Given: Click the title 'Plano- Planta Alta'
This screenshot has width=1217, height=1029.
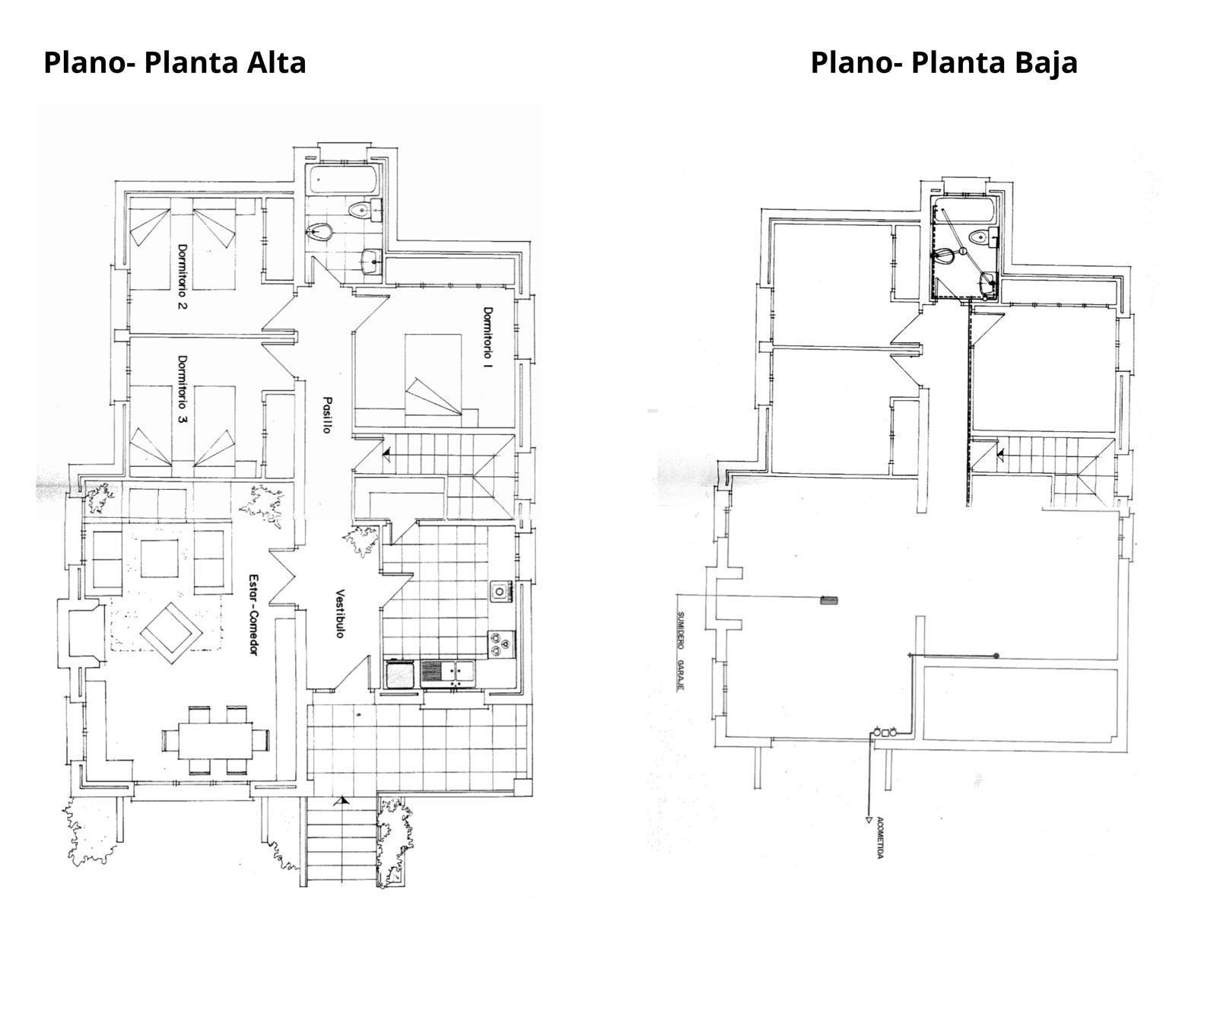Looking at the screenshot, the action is click(x=175, y=62).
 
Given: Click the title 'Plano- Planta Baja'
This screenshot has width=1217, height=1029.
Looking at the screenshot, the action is click(x=944, y=62).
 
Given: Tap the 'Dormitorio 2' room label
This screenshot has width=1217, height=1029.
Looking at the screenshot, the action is click(x=183, y=277).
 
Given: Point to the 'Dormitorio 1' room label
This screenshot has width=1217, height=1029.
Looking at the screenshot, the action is click(x=488, y=338).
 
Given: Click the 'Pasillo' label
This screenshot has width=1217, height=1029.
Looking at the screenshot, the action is click(x=327, y=415).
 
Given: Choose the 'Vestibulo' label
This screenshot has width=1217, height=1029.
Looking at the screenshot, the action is click(x=341, y=614).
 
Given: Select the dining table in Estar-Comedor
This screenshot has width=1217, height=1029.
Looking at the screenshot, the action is click(x=216, y=740).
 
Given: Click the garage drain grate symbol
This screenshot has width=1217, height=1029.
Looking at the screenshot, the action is click(x=828, y=601).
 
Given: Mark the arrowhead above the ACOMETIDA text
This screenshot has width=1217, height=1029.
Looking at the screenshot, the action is click(x=868, y=820).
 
